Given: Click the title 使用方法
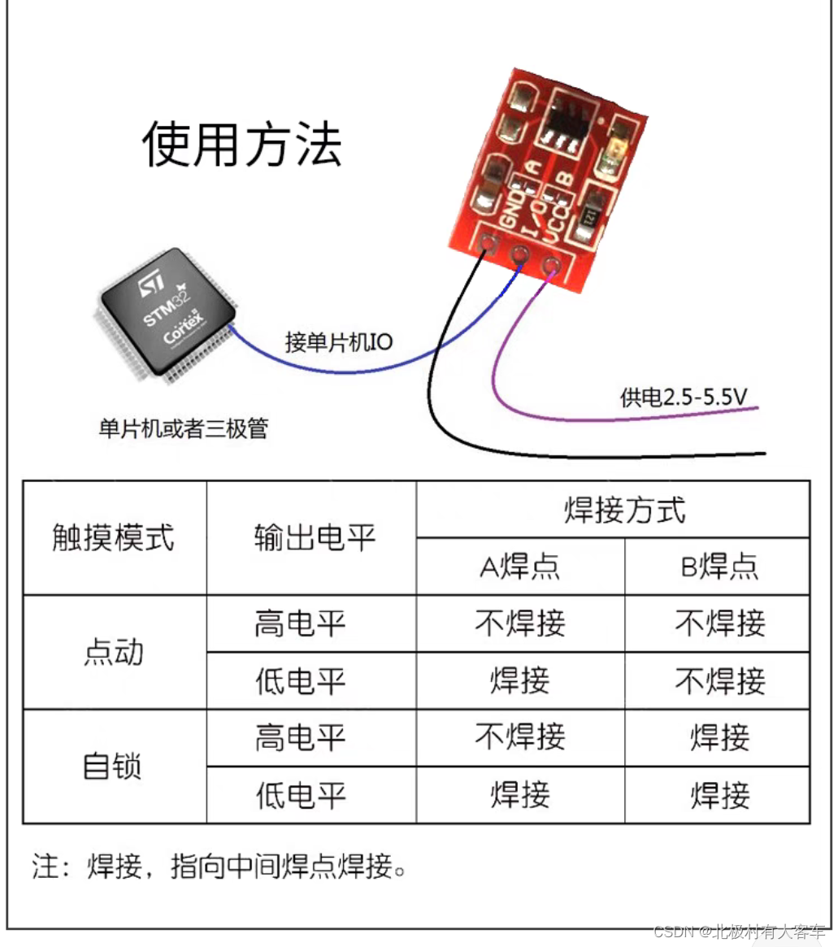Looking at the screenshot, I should click(242, 144).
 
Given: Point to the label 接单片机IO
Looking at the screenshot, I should click(338, 342).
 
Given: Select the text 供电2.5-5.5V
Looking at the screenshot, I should click(684, 397).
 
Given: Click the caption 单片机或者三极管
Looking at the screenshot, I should click(183, 428).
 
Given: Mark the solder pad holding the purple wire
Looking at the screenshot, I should click(551, 266).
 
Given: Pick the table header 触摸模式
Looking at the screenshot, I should click(114, 537).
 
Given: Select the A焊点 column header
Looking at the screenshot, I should click(520, 567).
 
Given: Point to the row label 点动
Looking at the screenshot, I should click(114, 652).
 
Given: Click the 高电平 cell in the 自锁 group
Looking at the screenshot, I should click(300, 738).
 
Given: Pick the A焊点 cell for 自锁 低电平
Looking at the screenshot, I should click(520, 795).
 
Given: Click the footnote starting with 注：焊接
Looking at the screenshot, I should click(219, 867).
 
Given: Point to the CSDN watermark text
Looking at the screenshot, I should click(739, 932).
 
